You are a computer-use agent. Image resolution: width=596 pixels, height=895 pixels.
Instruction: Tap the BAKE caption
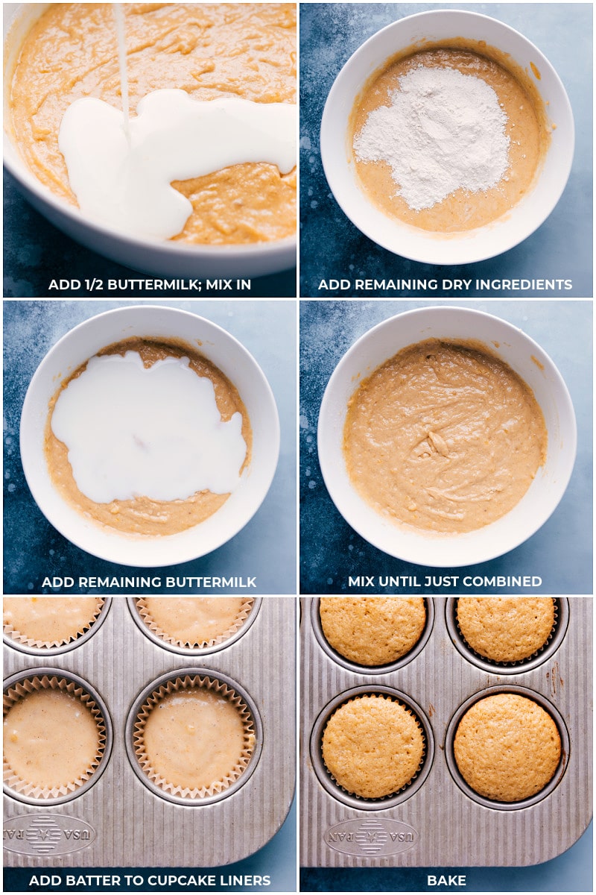(x=446, y=881)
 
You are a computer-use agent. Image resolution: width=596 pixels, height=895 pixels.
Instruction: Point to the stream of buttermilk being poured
(x=121, y=60)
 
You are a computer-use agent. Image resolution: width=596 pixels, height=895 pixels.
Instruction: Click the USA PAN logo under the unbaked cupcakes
(x=50, y=834)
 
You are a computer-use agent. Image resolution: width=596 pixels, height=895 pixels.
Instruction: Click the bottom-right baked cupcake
(x=507, y=747)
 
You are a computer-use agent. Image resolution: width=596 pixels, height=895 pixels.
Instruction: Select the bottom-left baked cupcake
(x=372, y=747)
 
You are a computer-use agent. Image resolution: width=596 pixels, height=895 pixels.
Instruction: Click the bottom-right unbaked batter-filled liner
(x=194, y=738)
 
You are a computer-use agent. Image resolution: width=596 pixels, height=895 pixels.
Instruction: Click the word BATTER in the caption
(x=83, y=881)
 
